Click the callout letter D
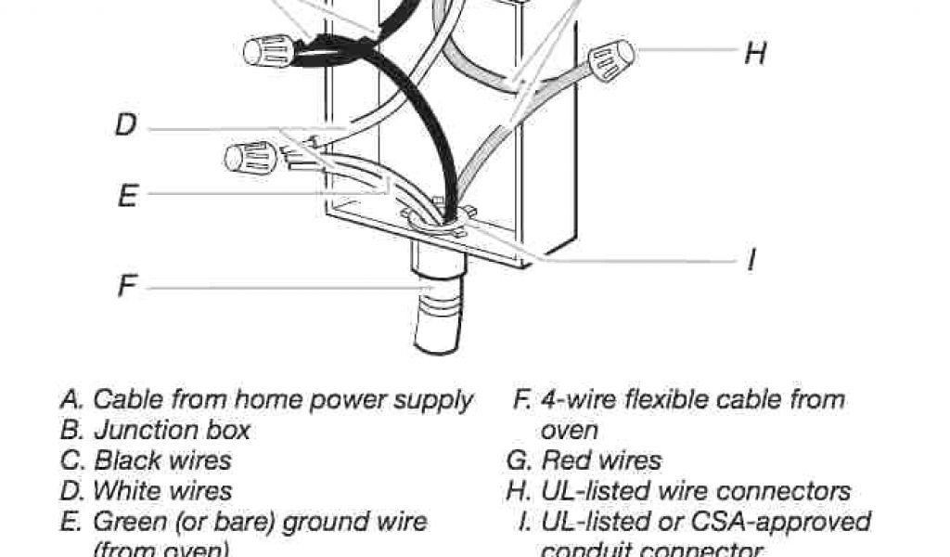pos(126,124)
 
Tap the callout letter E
pos(128,196)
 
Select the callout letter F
pos(126,286)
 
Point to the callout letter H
pos(755,53)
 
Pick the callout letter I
pos(751,261)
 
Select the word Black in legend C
pos(128,460)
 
